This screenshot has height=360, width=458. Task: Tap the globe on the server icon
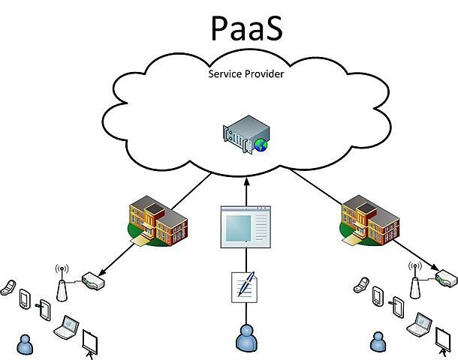[260, 145]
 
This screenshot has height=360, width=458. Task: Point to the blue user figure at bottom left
[27, 343]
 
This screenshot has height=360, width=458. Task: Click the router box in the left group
[92, 281]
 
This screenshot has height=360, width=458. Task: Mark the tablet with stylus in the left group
[44, 308]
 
